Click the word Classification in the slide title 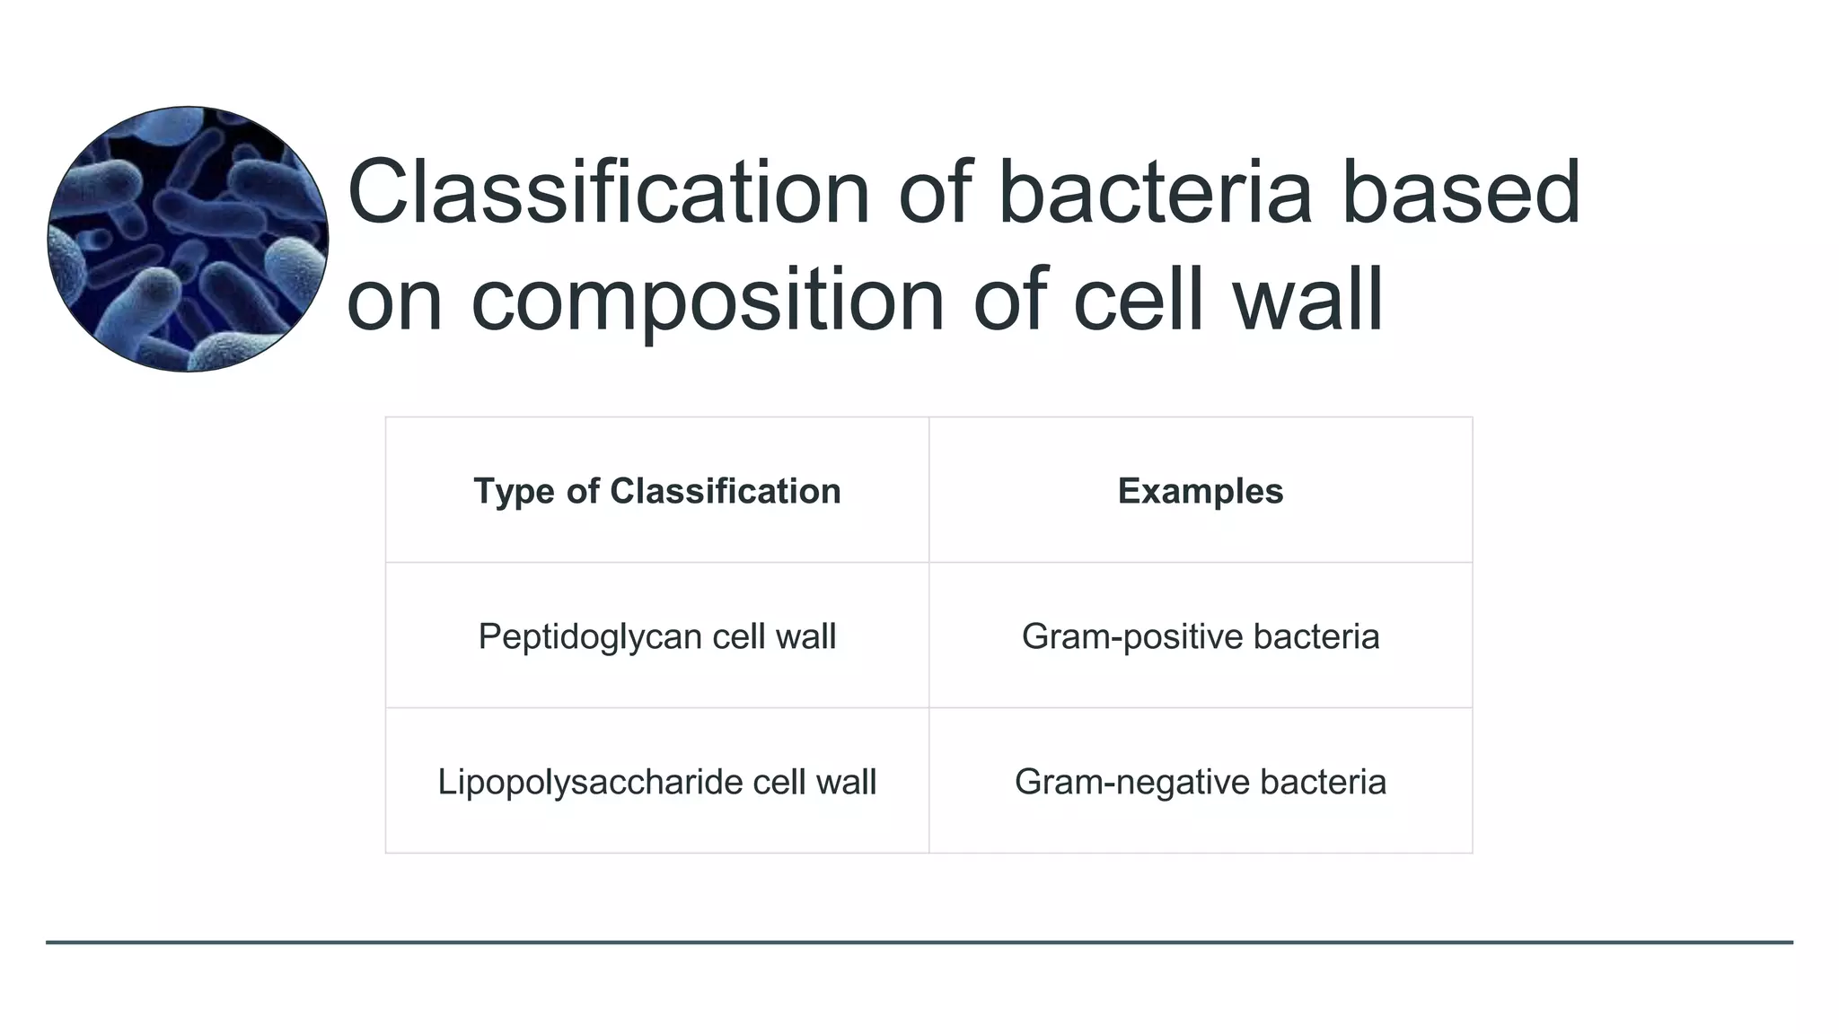(x=608, y=192)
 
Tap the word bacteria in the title (x=1155, y=192)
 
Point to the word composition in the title (x=708, y=300)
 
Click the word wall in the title (x=1307, y=300)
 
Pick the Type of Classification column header (x=656, y=491)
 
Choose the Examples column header (x=1200, y=491)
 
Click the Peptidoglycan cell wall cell (x=656, y=636)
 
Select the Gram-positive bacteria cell (x=1200, y=636)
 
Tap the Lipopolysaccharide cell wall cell (x=656, y=782)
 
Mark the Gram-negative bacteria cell (x=1200, y=782)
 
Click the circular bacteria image (x=188, y=239)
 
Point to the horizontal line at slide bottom (x=919, y=942)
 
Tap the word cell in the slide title (x=1137, y=300)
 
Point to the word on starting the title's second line (x=394, y=302)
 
